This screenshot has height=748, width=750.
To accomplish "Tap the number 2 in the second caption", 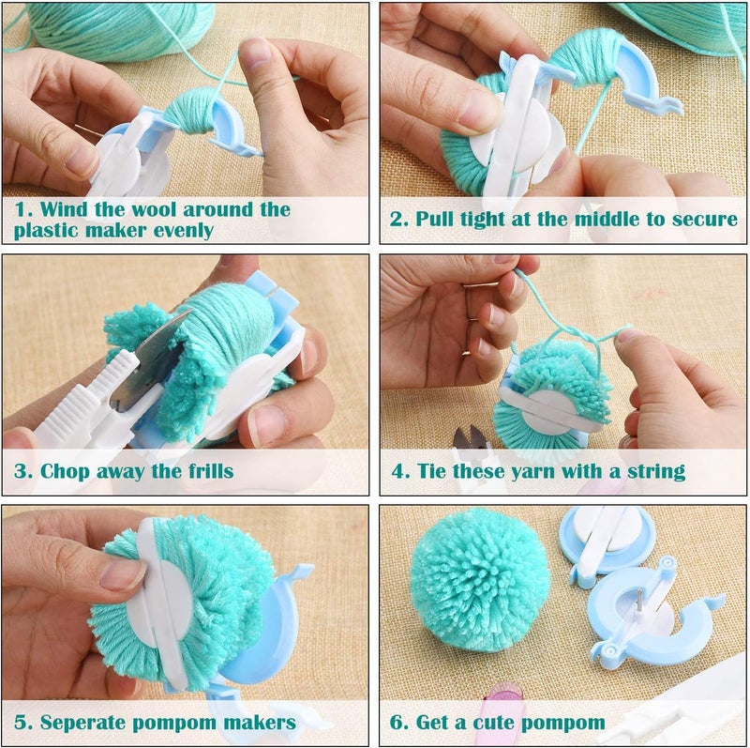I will [x=397, y=221].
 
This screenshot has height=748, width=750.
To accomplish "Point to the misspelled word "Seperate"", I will [x=85, y=723].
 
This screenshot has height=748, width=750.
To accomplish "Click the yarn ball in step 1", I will [x=112, y=28].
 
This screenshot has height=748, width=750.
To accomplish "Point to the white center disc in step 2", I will [x=502, y=131].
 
